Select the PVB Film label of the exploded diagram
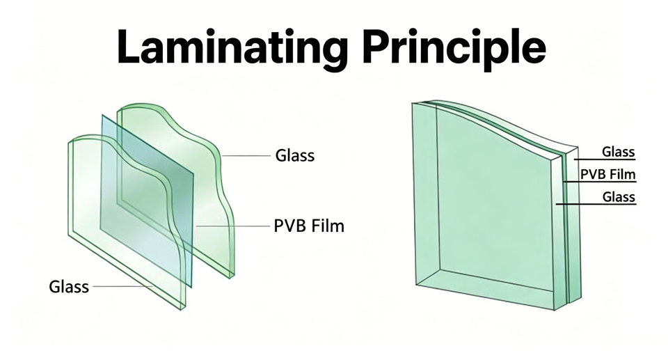tap(309, 226)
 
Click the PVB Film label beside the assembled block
tap(608, 174)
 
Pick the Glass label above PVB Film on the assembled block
tap(618, 151)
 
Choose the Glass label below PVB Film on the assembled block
tap(619, 196)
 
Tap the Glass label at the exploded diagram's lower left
tap(69, 286)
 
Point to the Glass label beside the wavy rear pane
tap(295, 155)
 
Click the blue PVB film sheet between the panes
tap(147, 201)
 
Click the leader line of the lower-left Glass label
tap(122, 286)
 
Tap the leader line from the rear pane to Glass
tap(246, 156)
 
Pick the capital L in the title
tap(130, 47)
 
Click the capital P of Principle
tap(376, 47)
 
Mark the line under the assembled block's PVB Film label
tap(600, 182)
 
